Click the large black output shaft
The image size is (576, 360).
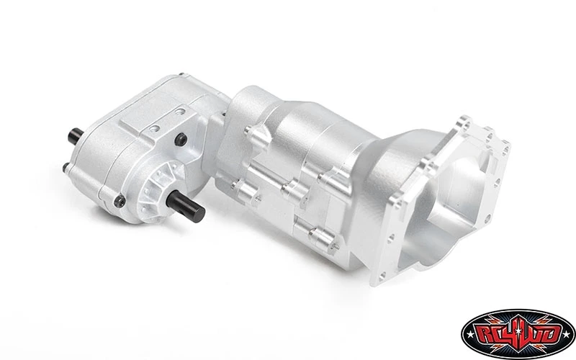click(x=185, y=205)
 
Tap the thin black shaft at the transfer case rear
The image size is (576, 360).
click(x=76, y=136)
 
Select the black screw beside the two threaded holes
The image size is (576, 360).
click(x=181, y=139)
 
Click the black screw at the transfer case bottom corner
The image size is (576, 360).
click(x=120, y=201)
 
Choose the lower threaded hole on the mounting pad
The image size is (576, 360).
click(x=155, y=129)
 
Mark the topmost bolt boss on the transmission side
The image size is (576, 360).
click(x=253, y=133)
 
